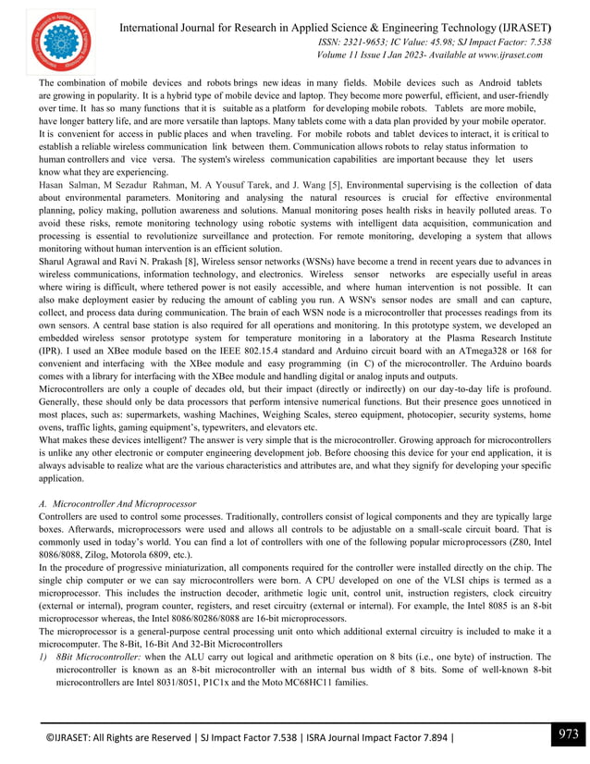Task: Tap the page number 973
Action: point(566,735)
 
